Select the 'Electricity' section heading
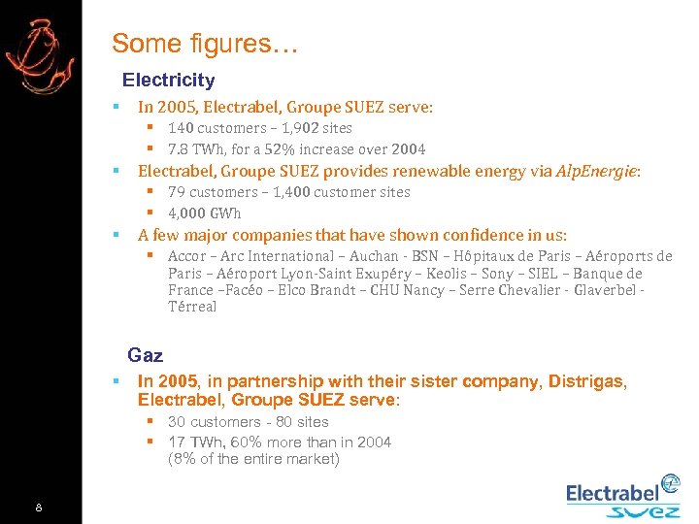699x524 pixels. [x=168, y=81]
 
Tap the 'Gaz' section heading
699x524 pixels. [x=145, y=356]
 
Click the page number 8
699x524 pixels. [x=38, y=508]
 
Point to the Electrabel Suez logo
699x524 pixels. [x=623, y=496]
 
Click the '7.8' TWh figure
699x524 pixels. [x=179, y=149]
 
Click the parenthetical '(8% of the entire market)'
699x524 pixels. [x=253, y=460]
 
